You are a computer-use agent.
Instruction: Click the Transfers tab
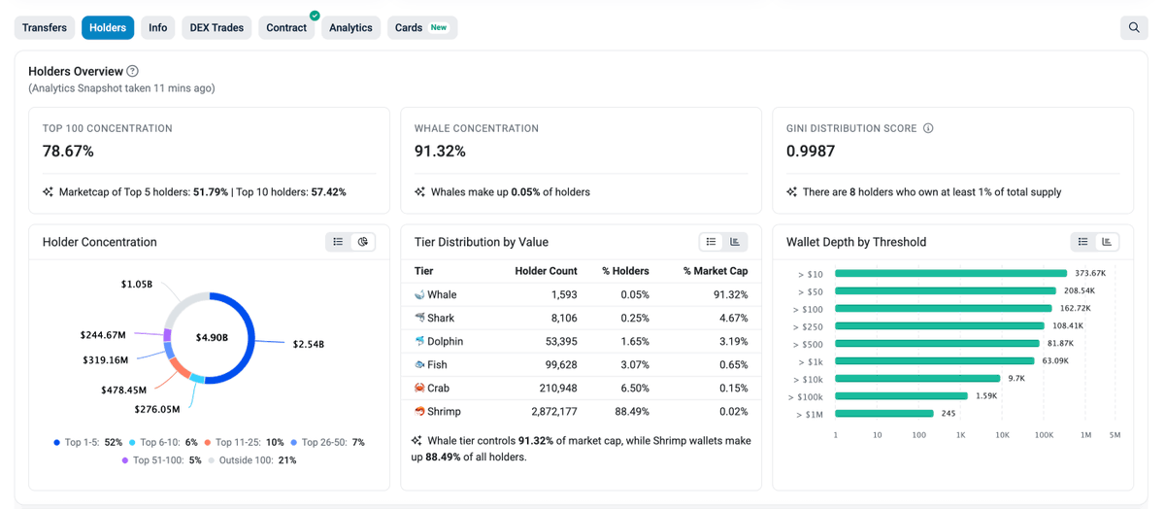coord(45,28)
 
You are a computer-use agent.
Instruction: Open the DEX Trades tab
coord(216,28)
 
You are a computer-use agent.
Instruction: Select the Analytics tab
coord(350,28)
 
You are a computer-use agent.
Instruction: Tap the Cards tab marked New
coord(421,28)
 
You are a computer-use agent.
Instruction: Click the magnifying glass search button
coord(1133,28)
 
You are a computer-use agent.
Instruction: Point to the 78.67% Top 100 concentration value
coord(68,152)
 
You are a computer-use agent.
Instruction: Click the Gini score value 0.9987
coord(811,152)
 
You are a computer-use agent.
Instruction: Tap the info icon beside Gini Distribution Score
coord(928,128)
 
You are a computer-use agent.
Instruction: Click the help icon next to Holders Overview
coord(133,71)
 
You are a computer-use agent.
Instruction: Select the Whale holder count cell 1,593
coord(563,294)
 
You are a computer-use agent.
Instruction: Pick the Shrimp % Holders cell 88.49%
coord(630,411)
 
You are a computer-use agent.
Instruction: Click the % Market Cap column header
coord(715,271)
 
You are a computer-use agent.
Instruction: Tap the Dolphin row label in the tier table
coord(445,341)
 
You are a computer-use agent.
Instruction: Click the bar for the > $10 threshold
coord(950,274)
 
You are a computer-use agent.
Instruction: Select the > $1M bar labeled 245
coord(883,413)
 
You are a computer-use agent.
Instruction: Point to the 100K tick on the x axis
coord(1044,435)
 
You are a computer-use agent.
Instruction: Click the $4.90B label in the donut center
coord(211,337)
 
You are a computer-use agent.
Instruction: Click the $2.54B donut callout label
coord(308,344)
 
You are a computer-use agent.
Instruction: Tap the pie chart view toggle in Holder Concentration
coord(363,242)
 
